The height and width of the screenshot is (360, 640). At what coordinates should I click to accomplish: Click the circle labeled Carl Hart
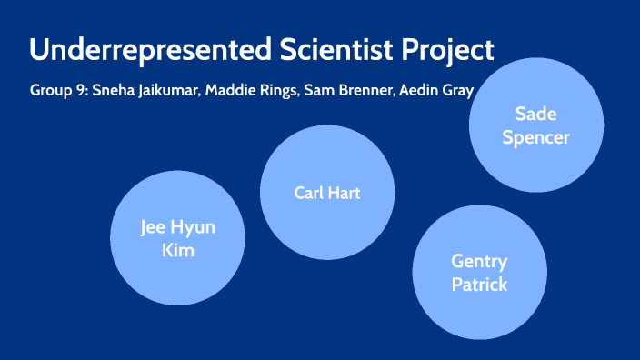327,192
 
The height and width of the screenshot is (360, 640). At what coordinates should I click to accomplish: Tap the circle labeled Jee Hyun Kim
177,238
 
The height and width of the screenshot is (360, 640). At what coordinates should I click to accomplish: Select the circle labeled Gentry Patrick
479,273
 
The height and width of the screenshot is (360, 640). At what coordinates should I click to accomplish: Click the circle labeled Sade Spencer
536,126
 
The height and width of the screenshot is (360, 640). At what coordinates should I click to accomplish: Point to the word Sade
536,115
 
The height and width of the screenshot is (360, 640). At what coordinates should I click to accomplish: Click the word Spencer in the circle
536,138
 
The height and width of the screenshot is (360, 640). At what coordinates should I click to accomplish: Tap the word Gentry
479,261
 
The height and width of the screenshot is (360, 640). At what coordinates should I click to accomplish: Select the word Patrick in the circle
479,285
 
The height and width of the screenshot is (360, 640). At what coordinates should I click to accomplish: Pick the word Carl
310,192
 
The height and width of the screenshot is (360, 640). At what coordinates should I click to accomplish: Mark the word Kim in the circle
177,250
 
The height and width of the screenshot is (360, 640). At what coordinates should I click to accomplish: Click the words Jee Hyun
177,226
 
